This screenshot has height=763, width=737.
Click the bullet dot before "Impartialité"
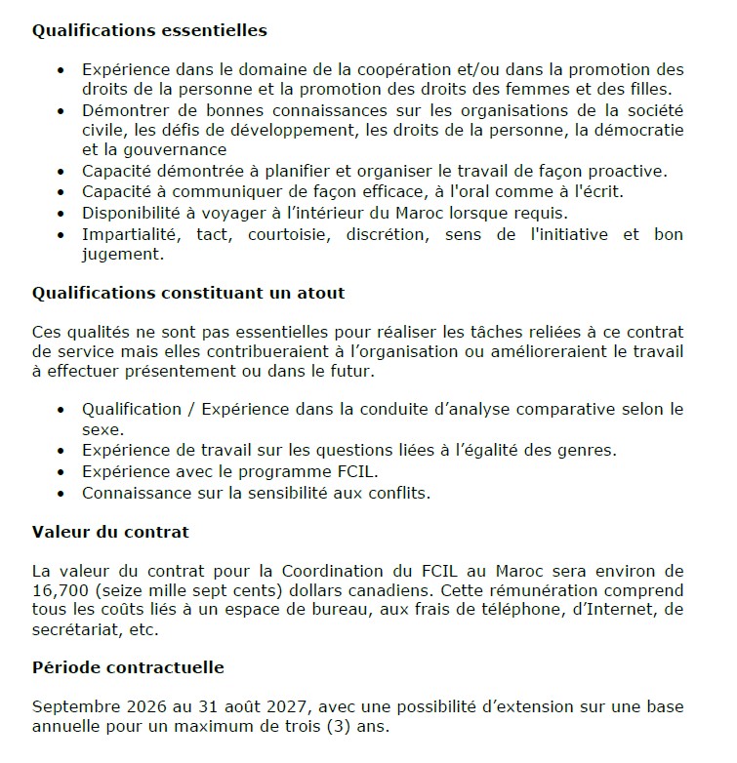point(62,235)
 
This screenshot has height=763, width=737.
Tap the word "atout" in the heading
point(320,293)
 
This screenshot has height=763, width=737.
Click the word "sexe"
point(102,428)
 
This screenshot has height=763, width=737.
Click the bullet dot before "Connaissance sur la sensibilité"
point(62,493)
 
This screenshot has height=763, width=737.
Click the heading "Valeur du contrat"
point(110,532)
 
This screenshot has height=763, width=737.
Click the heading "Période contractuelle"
point(128,667)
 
